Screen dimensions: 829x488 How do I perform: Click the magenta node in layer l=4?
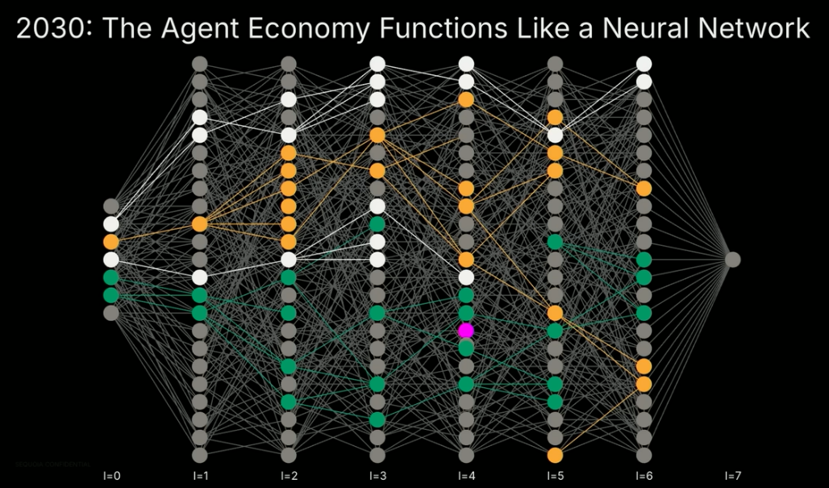tap(466, 331)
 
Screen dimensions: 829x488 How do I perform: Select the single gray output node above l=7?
tap(732, 259)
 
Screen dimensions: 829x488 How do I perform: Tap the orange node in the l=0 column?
tap(111, 241)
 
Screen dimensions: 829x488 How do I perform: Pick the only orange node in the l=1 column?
tap(200, 223)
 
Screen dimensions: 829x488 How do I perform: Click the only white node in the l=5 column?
tap(555, 135)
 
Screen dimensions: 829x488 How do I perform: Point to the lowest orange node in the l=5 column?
tap(555, 455)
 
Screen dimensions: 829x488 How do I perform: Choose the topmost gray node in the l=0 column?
tap(111, 206)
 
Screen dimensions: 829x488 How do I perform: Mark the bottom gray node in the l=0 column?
tap(111, 312)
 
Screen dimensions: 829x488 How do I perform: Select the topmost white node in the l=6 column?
tap(644, 64)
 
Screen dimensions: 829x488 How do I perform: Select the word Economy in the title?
tap(306, 30)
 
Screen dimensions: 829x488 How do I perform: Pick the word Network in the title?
tap(753, 30)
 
